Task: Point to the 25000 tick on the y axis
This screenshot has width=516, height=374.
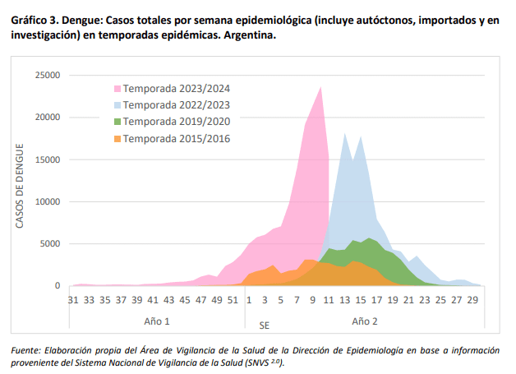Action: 47,76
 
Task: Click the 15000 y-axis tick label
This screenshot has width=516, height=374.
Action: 47,159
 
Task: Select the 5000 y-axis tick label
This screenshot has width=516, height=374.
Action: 49,244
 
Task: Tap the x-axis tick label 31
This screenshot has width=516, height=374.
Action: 72,301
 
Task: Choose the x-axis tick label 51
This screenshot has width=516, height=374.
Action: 232,301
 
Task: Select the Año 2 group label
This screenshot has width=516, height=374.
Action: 365,321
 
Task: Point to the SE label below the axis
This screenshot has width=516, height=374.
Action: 265,326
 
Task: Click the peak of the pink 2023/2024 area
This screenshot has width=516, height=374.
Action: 320,87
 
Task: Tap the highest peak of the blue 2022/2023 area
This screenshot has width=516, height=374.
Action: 344,134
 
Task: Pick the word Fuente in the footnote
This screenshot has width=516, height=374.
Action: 29,350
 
